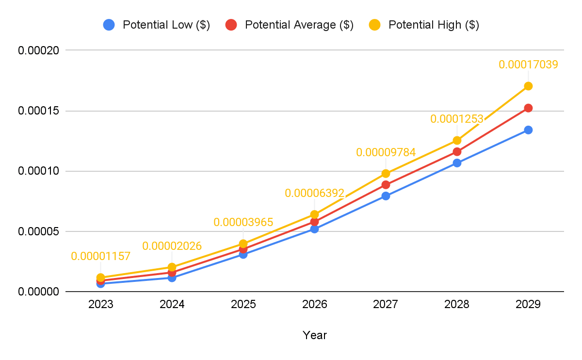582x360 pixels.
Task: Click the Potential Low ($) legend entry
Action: pyautogui.click(x=156, y=25)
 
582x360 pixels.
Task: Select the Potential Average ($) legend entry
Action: pyautogui.click(x=290, y=25)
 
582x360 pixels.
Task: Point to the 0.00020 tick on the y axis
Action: pyautogui.click(x=38, y=50)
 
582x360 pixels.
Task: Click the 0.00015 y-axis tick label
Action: pyautogui.click(x=38, y=111)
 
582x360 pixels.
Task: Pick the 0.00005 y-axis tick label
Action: pyautogui.click(x=38, y=231)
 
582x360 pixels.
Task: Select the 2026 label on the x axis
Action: pyautogui.click(x=314, y=305)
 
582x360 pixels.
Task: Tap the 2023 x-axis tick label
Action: pyautogui.click(x=100, y=305)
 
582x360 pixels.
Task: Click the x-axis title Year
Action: pyautogui.click(x=314, y=335)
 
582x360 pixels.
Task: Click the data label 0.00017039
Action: pyautogui.click(x=528, y=64)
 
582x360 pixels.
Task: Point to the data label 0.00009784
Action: pyautogui.click(x=386, y=152)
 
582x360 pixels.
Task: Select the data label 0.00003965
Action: pyautogui.click(x=243, y=222)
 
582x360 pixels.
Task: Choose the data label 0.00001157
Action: pyautogui.click(x=100, y=256)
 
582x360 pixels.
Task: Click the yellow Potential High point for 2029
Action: pyautogui.click(x=528, y=86)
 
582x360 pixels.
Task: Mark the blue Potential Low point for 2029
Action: pyautogui.click(x=528, y=130)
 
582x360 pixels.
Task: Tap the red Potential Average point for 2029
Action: pyautogui.click(x=528, y=108)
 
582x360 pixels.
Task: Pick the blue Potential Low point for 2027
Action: pyautogui.click(x=386, y=196)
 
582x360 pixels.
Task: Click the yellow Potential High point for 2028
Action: pyautogui.click(x=457, y=140)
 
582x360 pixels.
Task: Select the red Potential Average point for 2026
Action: pyautogui.click(x=314, y=222)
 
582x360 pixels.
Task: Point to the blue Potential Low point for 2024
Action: pyautogui.click(x=172, y=278)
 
